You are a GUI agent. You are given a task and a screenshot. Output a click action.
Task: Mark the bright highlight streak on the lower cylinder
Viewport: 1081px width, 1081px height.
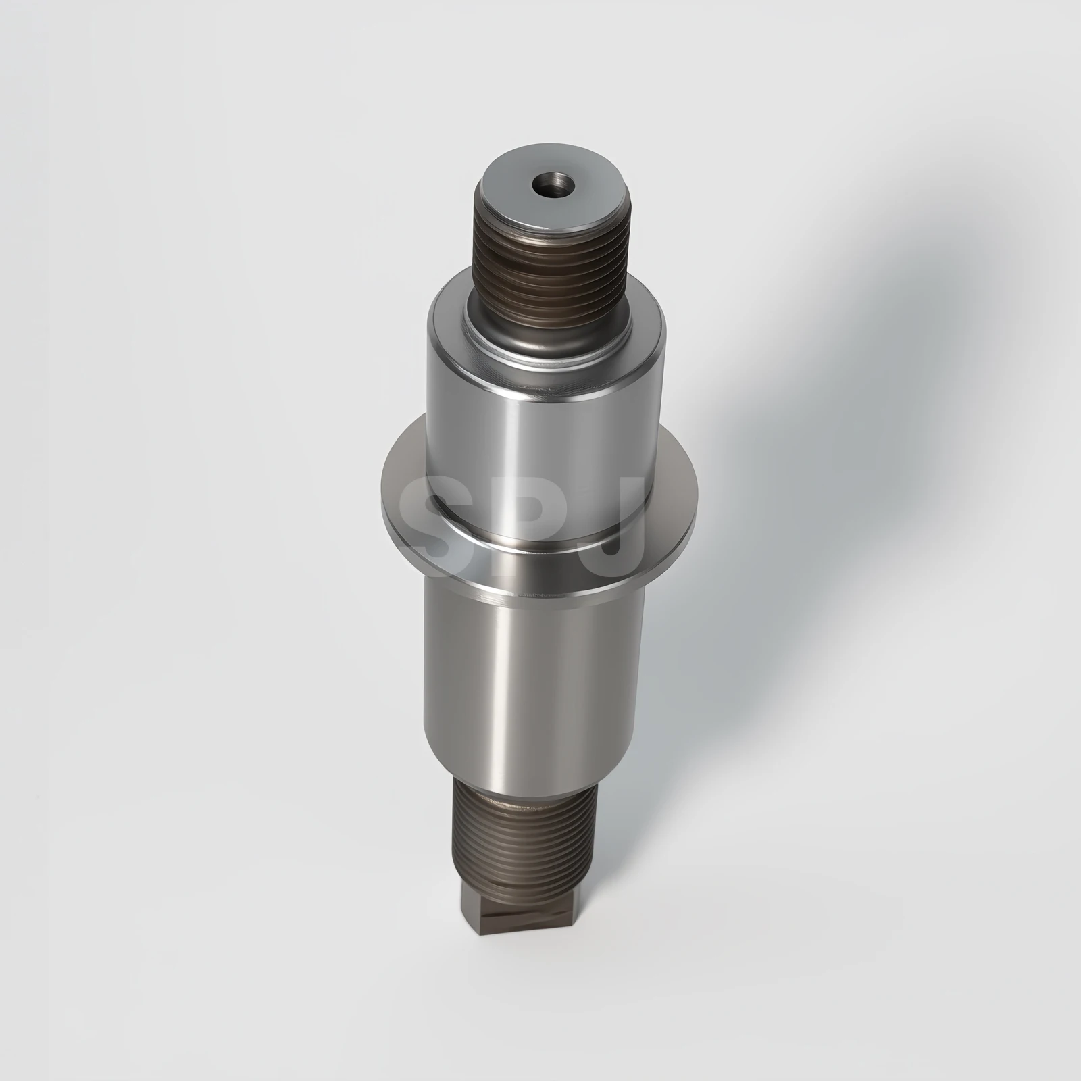(x=500, y=676)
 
